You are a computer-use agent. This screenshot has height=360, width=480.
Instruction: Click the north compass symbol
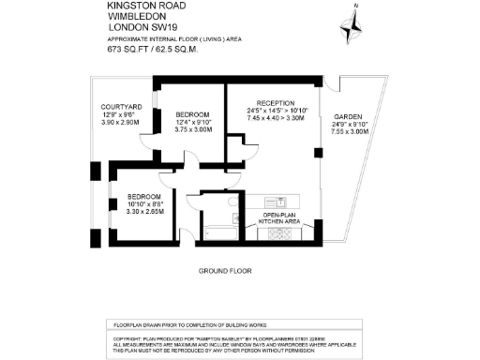[353, 22]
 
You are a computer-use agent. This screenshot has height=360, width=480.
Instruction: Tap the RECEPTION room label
[276, 103]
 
